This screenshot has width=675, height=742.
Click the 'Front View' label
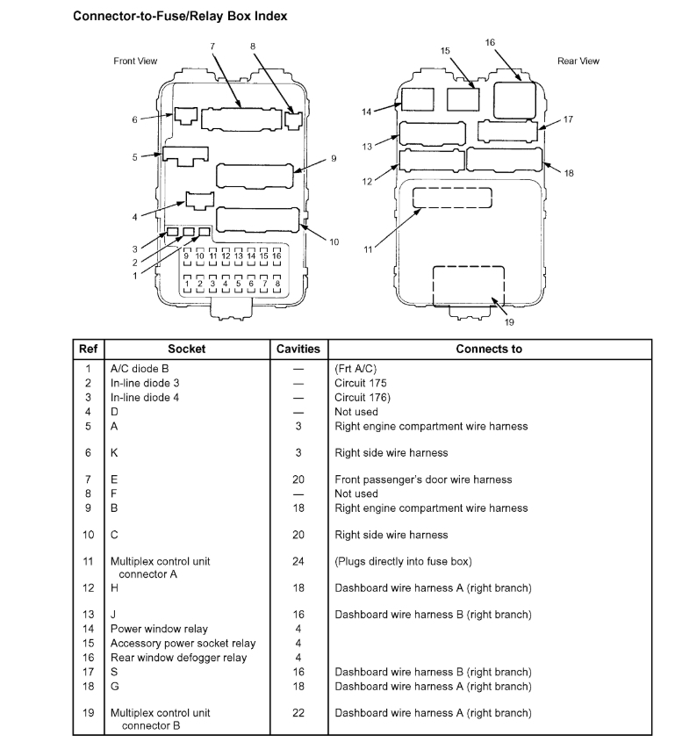coord(135,61)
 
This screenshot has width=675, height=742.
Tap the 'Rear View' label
coord(578,61)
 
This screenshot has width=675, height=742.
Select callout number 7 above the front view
coord(212,46)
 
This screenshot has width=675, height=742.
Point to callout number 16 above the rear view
coord(490,42)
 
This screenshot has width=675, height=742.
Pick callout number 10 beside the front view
coord(334,241)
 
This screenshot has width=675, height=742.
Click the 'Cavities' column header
coord(298,349)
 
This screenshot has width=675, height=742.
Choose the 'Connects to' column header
coord(489,349)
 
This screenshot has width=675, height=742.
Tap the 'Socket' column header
coord(186,349)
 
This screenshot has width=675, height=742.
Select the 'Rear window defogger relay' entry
coord(179,658)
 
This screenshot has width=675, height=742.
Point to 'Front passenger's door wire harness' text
coord(423,479)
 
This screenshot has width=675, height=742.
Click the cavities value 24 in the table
coord(298,560)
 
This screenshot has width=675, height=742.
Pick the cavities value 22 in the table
coord(298,712)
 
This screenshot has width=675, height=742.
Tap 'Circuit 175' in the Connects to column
coord(361,383)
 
